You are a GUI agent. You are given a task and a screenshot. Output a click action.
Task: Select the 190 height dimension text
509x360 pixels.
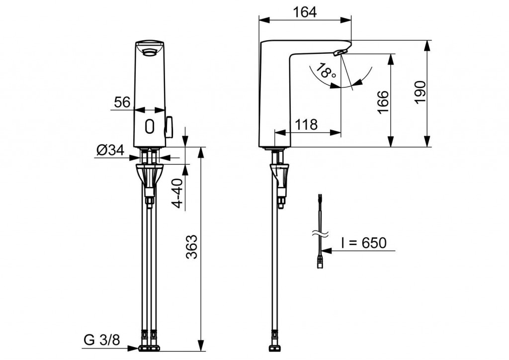(x=421, y=91)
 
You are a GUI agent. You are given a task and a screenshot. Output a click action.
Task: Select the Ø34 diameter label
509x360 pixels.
(x=110, y=150)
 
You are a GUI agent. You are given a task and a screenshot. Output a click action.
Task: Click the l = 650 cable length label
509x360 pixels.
(x=363, y=243)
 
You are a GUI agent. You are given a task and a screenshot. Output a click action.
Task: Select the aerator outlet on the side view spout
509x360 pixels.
(x=339, y=52)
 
